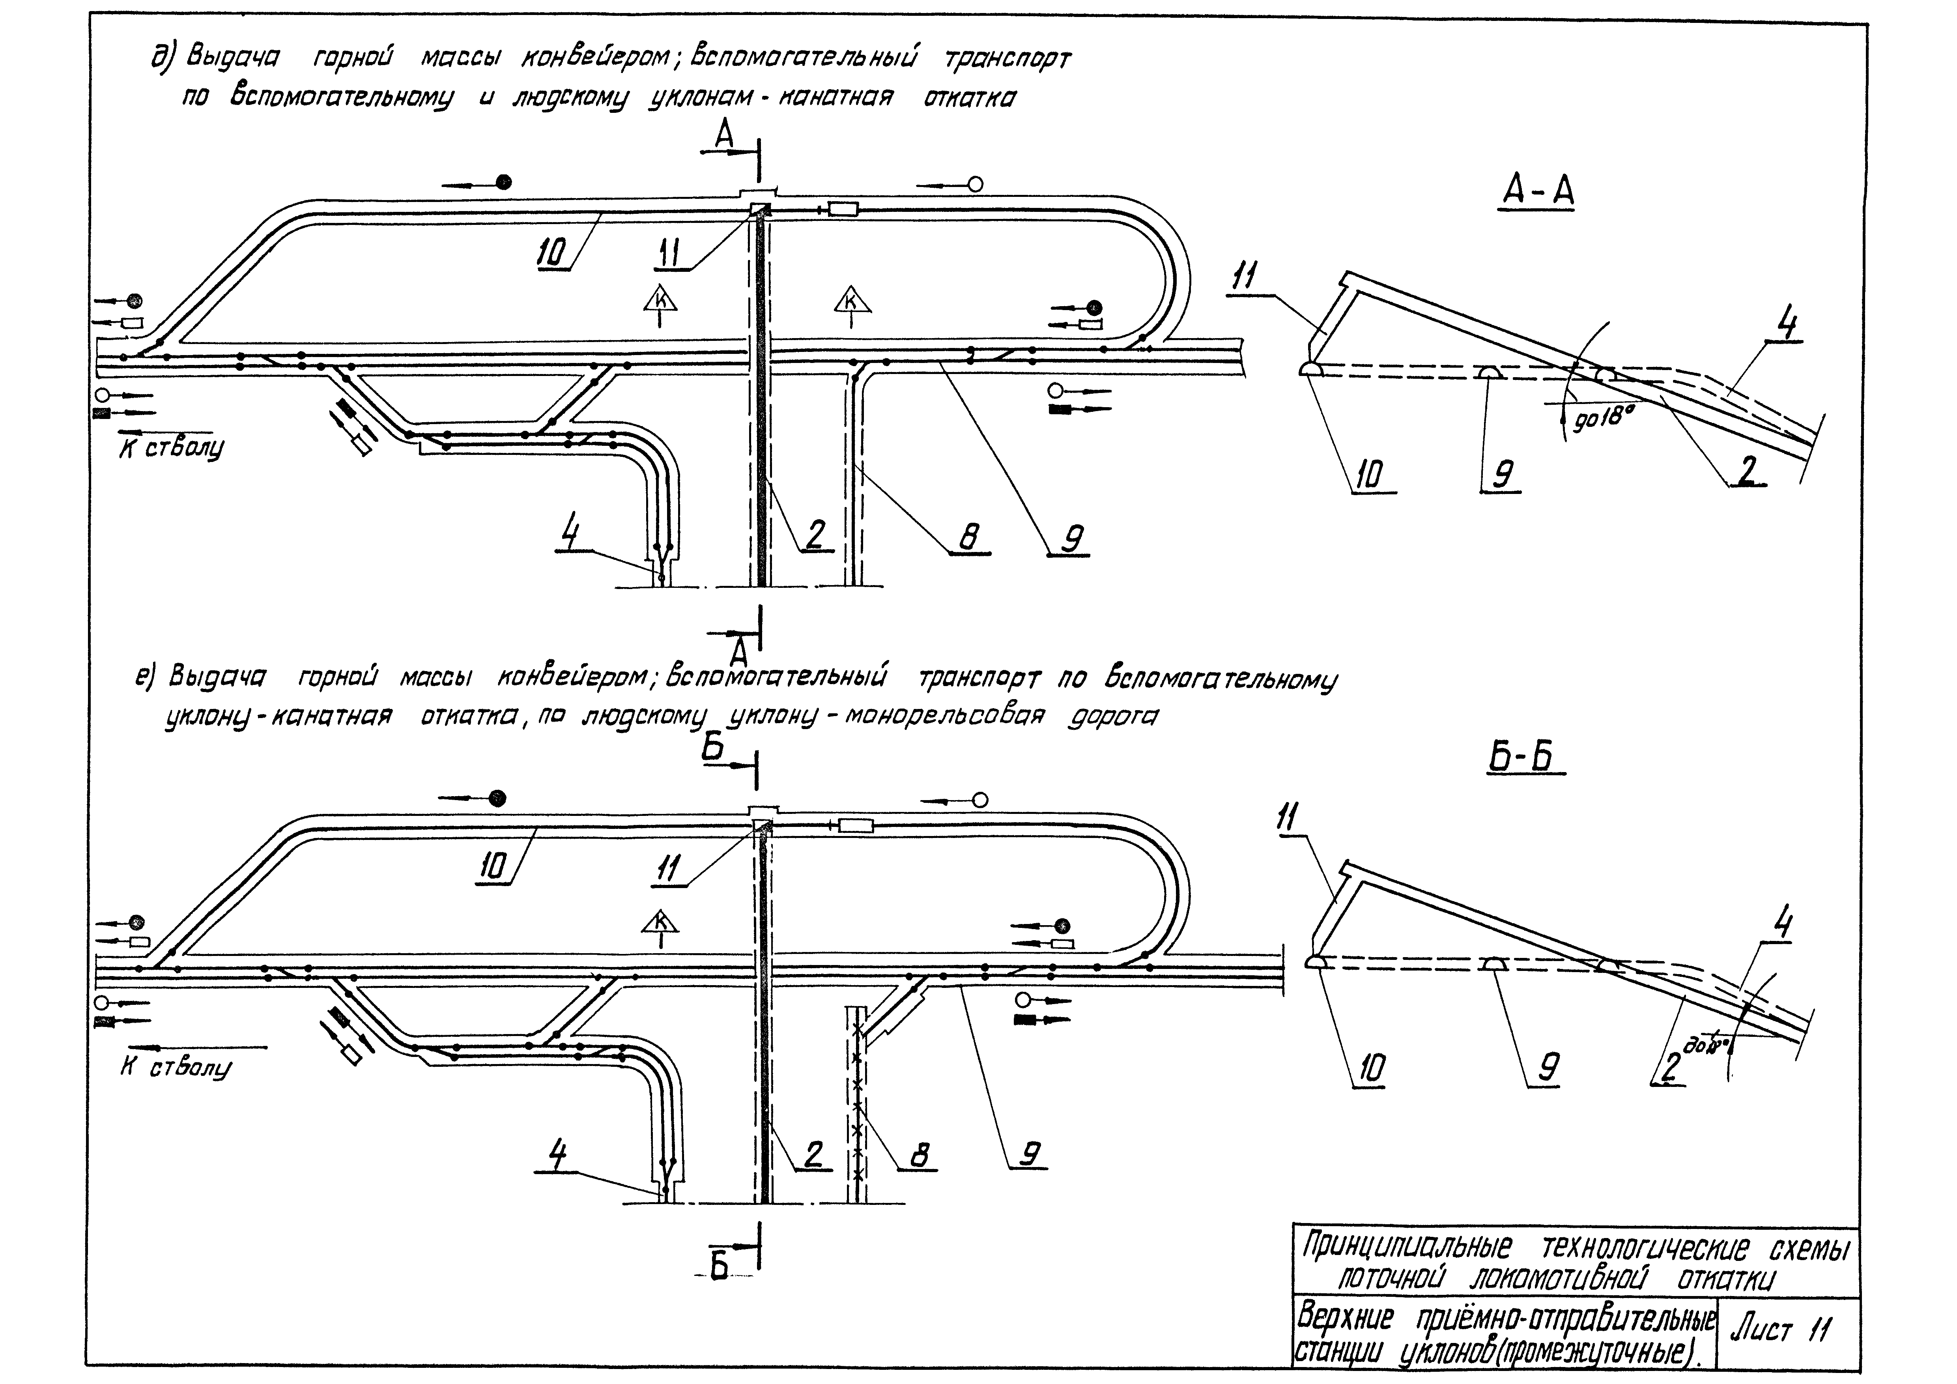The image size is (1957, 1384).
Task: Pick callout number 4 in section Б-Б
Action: [1783, 925]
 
